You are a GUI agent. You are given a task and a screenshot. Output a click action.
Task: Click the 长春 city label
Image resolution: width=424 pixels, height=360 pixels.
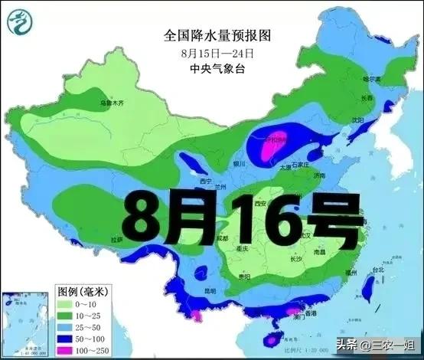point(367,98)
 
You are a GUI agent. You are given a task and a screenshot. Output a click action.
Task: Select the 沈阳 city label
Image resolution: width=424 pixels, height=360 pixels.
point(357,120)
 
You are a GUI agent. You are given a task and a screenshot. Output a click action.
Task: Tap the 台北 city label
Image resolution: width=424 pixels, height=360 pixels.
point(377,270)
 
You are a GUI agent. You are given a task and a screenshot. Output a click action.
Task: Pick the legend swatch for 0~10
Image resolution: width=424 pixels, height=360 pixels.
point(67,305)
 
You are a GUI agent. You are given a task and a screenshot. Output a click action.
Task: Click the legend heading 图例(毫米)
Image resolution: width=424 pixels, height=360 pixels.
point(83,292)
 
